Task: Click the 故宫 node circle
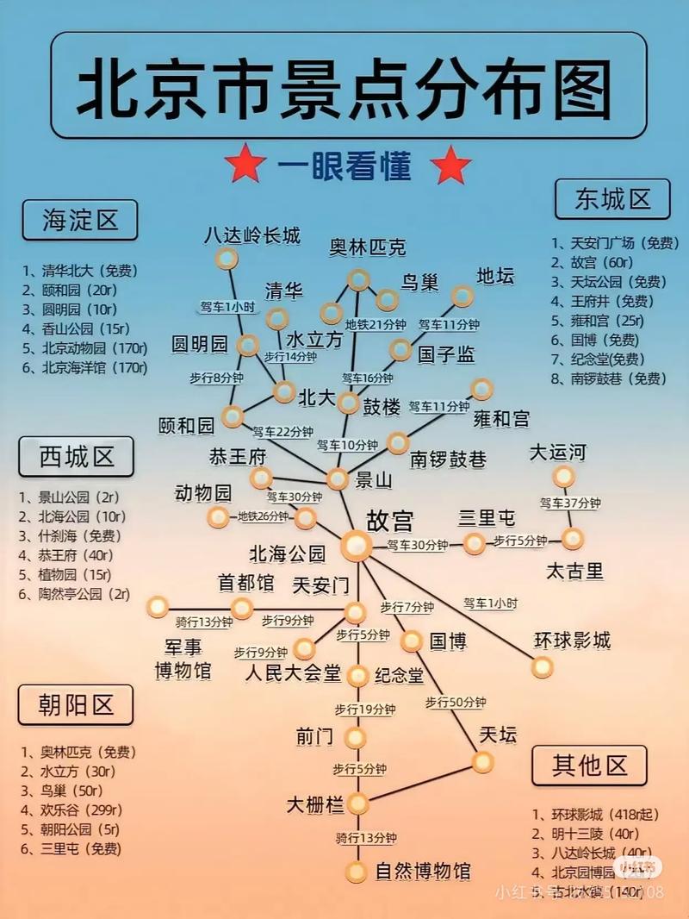tap(356, 544)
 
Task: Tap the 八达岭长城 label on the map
tap(251, 234)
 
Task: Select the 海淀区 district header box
tap(79, 220)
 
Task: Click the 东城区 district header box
tap(612, 200)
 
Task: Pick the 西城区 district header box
tap(77, 456)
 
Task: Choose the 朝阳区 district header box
tap(77, 704)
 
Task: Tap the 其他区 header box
tap(589, 765)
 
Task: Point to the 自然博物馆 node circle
tap(356, 872)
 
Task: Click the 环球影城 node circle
tap(542, 666)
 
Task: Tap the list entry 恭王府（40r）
tap(67, 555)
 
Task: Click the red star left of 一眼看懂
tap(245, 164)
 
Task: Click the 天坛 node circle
tap(483, 761)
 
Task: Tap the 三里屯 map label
tap(487, 517)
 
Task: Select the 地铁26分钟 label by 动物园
tap(263, 516)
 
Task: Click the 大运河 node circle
tap(563, 477)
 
